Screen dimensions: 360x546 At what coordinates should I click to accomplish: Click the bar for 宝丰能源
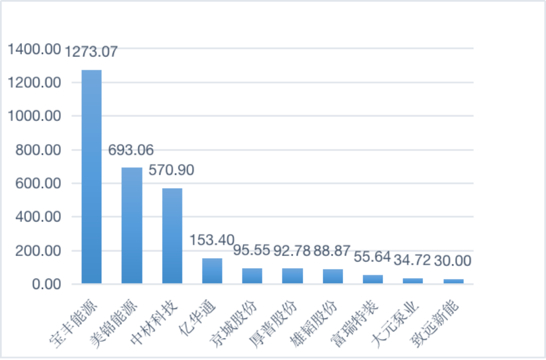point(91,177)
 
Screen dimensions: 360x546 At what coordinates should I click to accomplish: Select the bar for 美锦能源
point(132,225)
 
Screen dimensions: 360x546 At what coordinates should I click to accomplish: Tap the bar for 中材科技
point(172,236)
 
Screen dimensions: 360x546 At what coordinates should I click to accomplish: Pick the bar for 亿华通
point(212,271)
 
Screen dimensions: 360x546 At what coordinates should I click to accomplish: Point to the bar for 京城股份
point(252,276)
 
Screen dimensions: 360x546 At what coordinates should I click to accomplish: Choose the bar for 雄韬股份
point(333,276)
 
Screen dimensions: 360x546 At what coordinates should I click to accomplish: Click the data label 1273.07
point(91,51)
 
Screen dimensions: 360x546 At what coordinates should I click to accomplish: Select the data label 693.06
point(131,149)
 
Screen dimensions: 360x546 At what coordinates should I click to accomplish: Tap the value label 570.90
point(171,170)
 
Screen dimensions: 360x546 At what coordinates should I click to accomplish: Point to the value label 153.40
point(212,239)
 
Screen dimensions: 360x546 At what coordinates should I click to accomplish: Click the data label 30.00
point(453,260)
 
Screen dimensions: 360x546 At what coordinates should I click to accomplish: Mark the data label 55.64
point(372,256)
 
